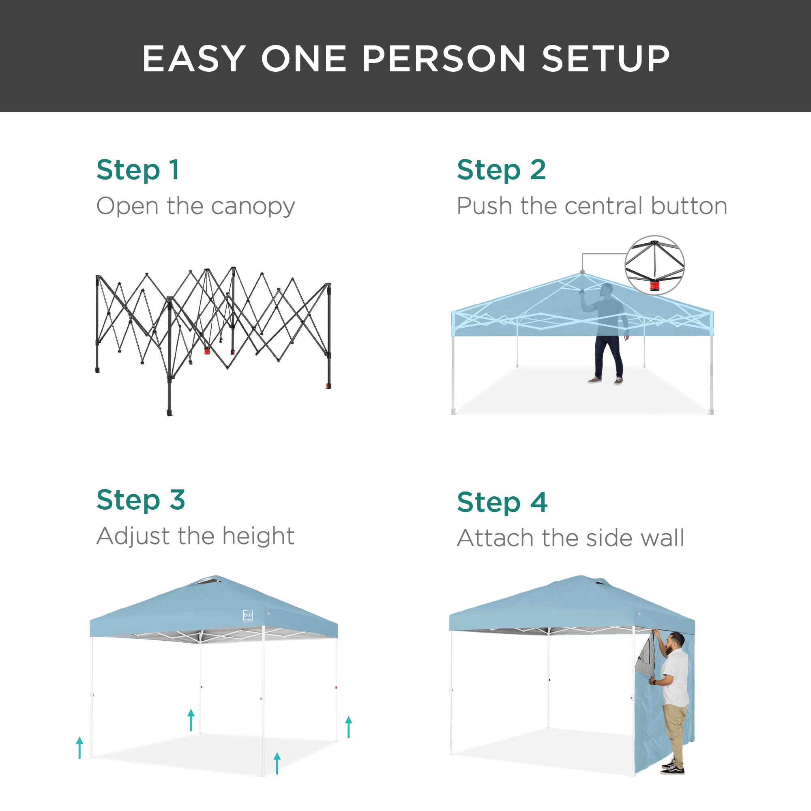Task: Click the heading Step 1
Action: pyautogui.click(x=138, y=170)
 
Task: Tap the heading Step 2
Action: pyautogui.click(x=501, y=170)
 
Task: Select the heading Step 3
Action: pyautogui.click(x=141, y=500)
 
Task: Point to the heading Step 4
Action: pyautogui.click(x=502, y=502)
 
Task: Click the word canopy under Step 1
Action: pyautogui.click(x=253, y=207)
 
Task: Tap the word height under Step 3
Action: pyautogui.click(x=258, y=536)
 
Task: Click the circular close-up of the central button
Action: pyautogui.click(x=654, y=265)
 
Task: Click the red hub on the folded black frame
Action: pyautogui.click(x=207, y=350)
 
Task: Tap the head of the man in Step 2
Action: pyautogui.click(x=606, y=290)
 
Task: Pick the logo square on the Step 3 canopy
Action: pyautogui.click(x=248, y=616)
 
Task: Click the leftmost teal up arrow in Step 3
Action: pyautogui.click(x=79, y=748)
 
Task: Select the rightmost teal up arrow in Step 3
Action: pyautogui.click(x=348, y=727)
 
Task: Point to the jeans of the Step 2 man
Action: pyautogui.click(x=608, y=356)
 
